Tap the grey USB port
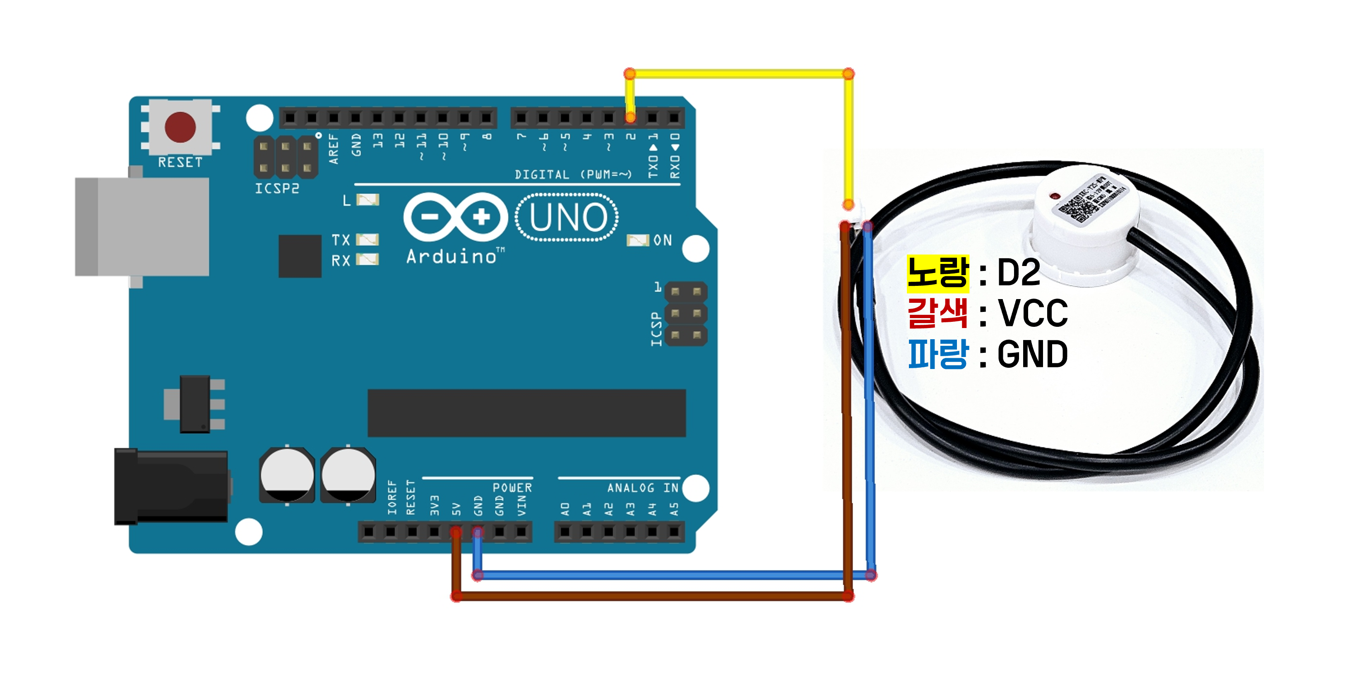pos(142,226)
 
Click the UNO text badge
pos(567,217)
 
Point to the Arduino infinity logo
pos(455,217)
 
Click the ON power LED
pos(637,240)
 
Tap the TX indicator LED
pos(367,240)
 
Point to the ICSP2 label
pos(277,189)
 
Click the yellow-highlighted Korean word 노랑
pos(937,273)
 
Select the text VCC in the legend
pos(1033,314)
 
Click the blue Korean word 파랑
pos(937,354)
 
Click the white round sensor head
pos(1084,225)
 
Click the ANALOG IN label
pos(642,488)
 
